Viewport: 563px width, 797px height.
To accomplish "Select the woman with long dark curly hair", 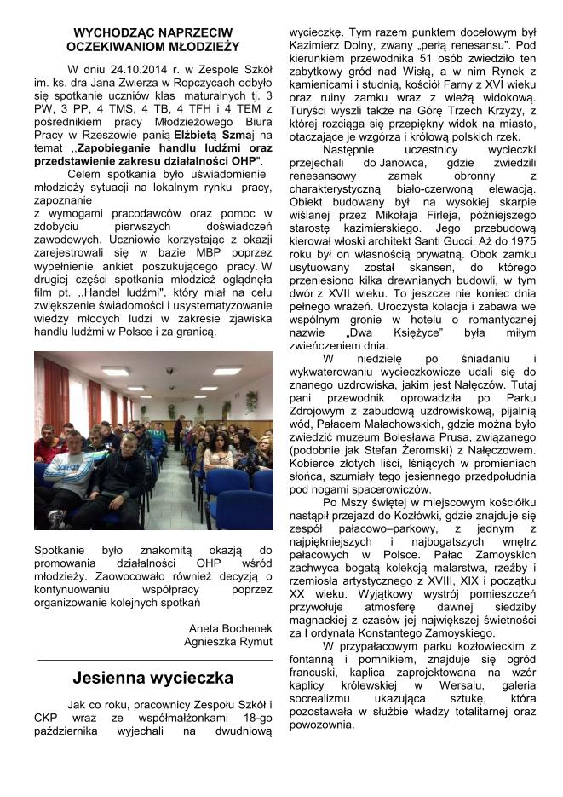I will coord(216,451).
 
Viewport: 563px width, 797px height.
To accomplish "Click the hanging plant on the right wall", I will coord(251,400).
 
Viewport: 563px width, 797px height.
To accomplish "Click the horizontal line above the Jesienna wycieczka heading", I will coord(154,660).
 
